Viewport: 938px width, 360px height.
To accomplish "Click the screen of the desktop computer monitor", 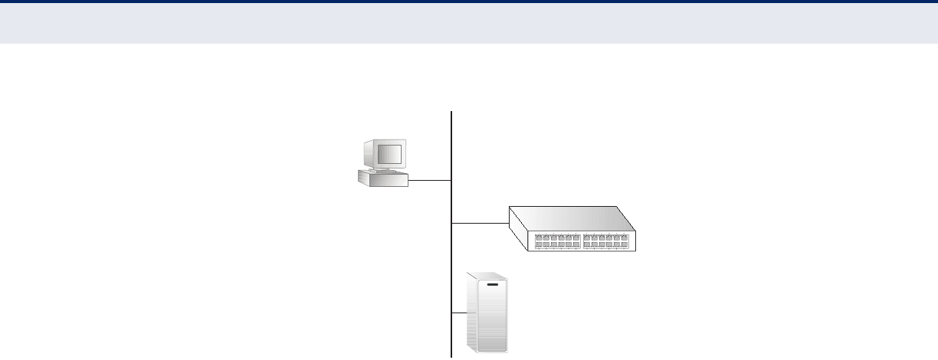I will coord(388,154).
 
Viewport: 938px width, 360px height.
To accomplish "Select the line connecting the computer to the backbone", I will coord(430,181).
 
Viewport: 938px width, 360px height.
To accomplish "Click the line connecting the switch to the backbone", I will coord(480,224).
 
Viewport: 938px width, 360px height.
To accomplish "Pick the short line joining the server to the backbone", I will coord(458,313).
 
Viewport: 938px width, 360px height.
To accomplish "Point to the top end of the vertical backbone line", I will coord(452,112).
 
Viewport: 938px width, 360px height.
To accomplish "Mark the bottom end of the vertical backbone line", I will coord(452,356).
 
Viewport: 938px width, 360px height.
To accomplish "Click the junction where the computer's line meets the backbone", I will coord(452,181).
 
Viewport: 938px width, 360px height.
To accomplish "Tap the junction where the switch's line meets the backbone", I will coord(452,224).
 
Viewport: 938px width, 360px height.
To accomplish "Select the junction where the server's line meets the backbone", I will coord(452,313).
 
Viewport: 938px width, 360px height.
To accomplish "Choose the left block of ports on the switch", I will coord(557,241).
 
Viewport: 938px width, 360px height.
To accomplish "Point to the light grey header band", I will coord(469,23).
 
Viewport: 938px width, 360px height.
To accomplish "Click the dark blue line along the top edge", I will coord(469,2).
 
